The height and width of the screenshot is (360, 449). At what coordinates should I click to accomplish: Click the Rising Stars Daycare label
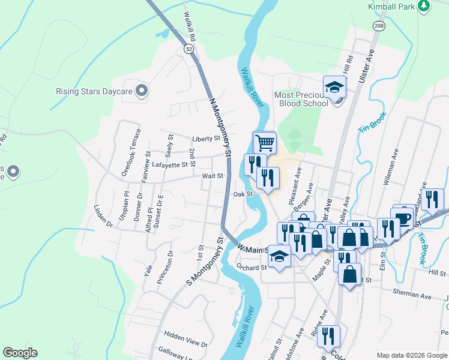pos(94,92)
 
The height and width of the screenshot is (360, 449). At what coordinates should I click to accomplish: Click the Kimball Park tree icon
pos(424,6)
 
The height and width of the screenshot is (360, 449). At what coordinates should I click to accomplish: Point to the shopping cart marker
pos(265,143)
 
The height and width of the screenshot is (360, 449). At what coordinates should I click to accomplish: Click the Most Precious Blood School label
pos(301,99)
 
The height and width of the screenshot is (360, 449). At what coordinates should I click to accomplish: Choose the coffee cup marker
pos(402,217)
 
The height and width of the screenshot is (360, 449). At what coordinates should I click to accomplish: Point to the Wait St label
pos(212,176)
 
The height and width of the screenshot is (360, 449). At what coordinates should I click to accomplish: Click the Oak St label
pos(242,194)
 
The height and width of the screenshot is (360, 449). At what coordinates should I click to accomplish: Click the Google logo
pos(20,353)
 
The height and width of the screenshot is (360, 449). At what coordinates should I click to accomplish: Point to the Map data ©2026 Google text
pos(411,355)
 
